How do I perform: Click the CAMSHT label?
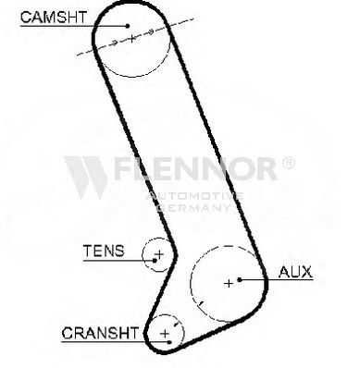click(54, 18)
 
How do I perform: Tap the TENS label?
click(104, 251)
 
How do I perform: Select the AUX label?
click(295, 272)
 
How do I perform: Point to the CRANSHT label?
click(100, 333)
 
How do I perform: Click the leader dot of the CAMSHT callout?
click(128, 26)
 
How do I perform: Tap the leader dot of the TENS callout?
click(155, 261)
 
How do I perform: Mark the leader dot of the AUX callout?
click(240, 279)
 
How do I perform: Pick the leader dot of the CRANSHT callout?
click(169, 342)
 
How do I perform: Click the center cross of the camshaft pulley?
click(132, 39)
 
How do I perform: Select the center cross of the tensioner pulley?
click(159, 254)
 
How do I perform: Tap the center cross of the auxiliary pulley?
click(229, 283)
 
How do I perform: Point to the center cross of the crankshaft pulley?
click(166, 334)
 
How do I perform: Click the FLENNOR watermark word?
click(195, 168)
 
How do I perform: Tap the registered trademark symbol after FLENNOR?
click(289, 163)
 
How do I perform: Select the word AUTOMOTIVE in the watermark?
click(195, 196)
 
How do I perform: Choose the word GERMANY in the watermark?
click(193, 207)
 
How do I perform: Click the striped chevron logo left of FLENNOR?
click(86, 178)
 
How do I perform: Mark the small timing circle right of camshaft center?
click(151, 31)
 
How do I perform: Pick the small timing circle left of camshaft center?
click(114, 42)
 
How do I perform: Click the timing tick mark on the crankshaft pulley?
click(177, 324)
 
